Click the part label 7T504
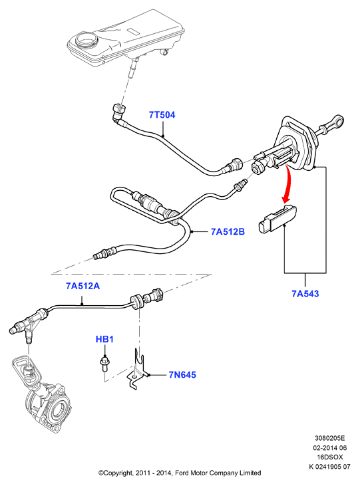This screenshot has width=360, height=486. pos(162,115)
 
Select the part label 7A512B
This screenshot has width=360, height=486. pos(228,231)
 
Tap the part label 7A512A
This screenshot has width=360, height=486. pos(83,286)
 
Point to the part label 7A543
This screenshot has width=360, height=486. pos(305,293)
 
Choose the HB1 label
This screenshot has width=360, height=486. pos(104,339)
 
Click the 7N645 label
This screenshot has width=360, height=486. pos(182,375)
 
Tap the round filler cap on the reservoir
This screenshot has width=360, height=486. pos(87,40)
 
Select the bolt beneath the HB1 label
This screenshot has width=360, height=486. pos(104,364)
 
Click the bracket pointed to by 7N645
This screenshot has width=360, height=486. pos(137,370)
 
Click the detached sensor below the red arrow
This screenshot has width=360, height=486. pos(277,219)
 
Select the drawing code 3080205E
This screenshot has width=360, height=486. pos(329,438)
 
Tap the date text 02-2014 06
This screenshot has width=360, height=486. pos(329,448)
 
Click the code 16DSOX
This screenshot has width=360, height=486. pos(329,457)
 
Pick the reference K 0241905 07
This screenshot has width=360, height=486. pos(329,467)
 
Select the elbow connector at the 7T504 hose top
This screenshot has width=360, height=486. pos(119,112)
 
